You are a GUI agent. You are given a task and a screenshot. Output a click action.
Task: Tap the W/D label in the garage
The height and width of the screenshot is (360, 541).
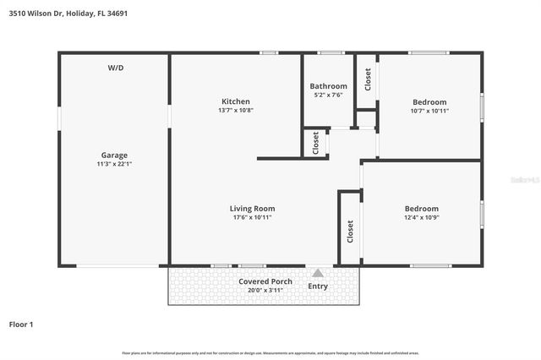115,67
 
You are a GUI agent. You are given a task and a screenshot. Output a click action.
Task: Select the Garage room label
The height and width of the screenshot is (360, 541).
114,155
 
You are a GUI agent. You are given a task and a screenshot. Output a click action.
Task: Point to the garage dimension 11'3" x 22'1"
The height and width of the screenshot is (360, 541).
114,164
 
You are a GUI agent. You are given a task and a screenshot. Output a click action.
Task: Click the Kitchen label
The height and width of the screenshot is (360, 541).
235,101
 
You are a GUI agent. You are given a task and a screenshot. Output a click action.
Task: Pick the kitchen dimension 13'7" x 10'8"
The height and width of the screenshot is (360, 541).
235,111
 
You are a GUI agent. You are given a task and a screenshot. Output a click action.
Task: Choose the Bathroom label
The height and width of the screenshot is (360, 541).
328,86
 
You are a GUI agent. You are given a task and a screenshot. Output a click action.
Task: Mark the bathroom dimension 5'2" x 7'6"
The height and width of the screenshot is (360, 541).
328,95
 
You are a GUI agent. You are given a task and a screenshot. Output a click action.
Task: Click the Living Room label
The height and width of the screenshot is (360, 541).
252,208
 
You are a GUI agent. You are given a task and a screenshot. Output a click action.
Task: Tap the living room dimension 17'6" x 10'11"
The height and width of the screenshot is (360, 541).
252,217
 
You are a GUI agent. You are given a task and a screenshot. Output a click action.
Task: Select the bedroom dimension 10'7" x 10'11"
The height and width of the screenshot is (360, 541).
429,111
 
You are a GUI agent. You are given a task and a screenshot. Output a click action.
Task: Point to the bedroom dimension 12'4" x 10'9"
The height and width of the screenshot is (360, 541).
421,217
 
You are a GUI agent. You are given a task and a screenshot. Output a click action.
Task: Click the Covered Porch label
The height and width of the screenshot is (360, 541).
265,281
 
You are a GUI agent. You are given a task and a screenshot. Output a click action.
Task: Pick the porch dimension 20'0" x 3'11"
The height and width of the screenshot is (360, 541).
265,291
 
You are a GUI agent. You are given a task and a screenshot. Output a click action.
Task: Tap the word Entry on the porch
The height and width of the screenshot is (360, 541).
318,286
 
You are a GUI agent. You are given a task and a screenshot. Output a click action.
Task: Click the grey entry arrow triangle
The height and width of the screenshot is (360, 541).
318,273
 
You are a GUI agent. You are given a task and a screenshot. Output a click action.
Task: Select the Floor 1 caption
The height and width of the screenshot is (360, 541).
21,324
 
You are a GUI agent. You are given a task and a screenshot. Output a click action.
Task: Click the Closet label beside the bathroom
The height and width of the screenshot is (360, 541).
368,80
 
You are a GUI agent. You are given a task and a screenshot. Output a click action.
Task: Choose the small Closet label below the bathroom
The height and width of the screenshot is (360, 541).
316,142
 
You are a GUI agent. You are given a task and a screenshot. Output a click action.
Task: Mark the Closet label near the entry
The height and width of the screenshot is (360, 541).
350,231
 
